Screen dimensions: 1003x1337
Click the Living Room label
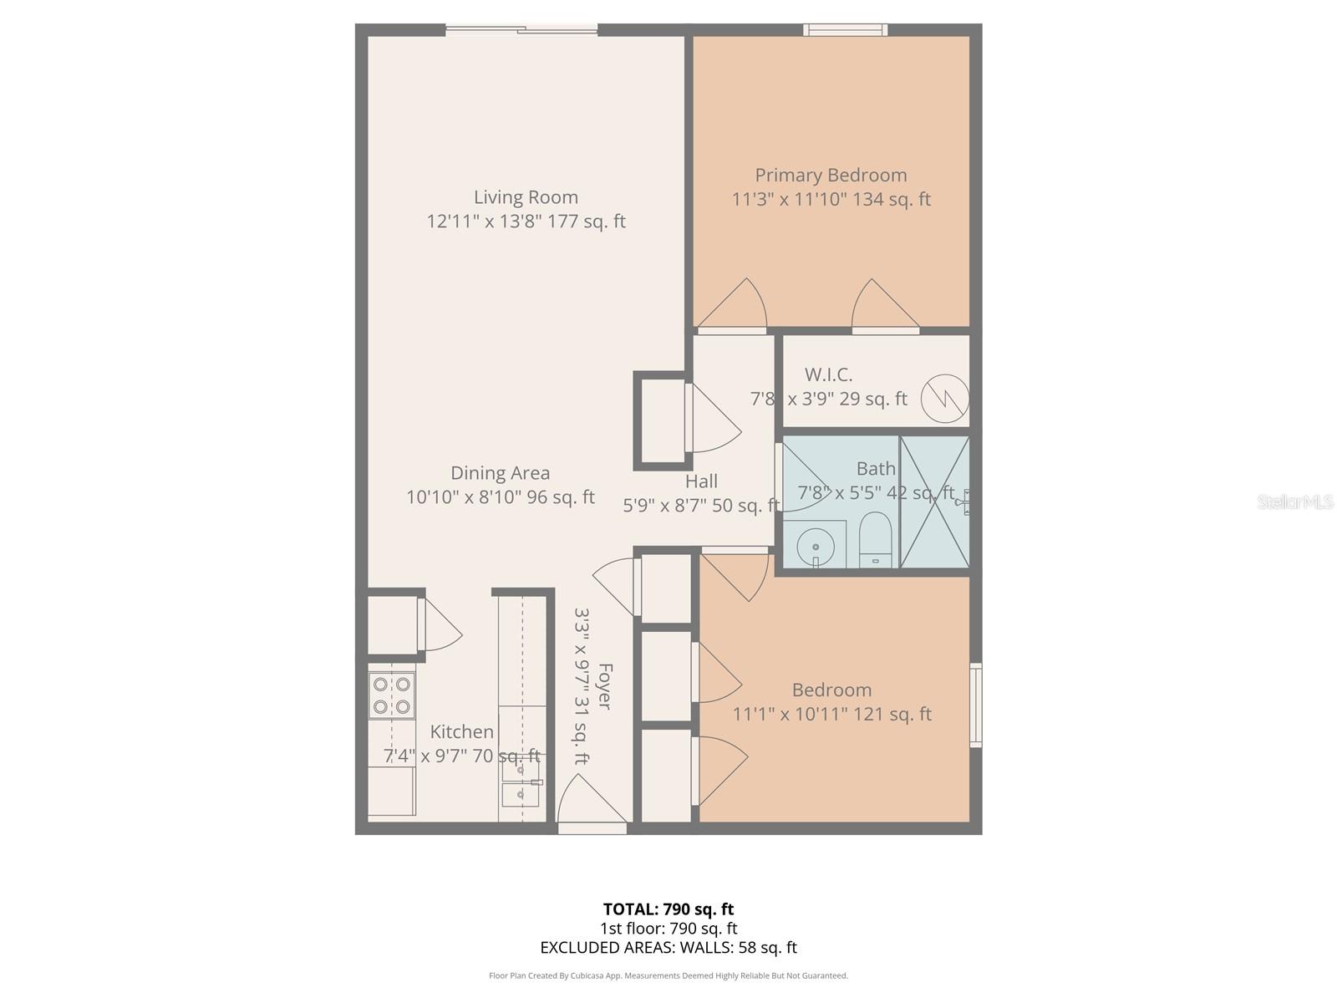tap(526, 198)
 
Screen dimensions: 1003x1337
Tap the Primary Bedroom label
tap(831, 176)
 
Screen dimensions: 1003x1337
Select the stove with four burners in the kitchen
tap(392, 695)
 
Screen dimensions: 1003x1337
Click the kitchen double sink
tap(520, 782)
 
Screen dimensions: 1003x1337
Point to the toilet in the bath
tap(877, 539)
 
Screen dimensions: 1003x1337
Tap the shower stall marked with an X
tap(935, 501)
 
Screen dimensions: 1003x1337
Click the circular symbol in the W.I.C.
tap(945, 399)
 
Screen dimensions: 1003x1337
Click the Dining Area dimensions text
tap(500, 497)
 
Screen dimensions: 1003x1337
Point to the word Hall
tap(701, 481)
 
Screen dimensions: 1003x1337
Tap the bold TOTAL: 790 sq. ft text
tap(668, 909)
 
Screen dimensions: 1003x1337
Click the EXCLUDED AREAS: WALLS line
tap(668, 948)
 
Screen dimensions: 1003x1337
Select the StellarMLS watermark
tap(1295, 501)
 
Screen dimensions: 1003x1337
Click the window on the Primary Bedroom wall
tap(845, 30)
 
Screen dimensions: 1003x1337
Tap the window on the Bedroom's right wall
tap(975, 705)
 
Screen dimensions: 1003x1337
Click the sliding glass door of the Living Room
tap(521, 31)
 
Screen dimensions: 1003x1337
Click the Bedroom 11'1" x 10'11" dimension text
tap(831, 715)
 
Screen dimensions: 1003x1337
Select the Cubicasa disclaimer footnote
tap(668, 975)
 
